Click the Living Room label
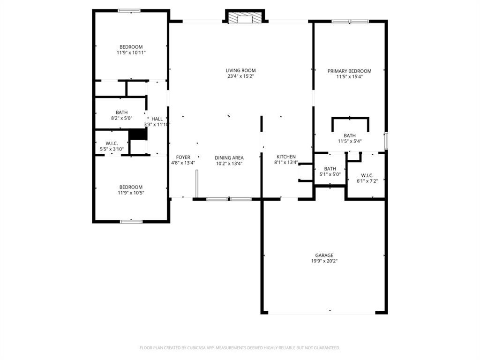tap(240, 70)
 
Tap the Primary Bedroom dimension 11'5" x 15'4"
tap(349, 76)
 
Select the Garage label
tap(324, 255)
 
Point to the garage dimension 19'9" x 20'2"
tap(324, 261)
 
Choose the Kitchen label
tap(286, 157)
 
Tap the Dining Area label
tap(229, 157)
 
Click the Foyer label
tap(183, 157)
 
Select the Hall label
tap(157, 119)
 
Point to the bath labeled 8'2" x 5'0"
tap(121, 112)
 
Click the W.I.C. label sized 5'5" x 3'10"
tap(112, 143)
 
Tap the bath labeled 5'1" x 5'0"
tap(330, 169)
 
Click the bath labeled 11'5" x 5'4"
tap(349, 135)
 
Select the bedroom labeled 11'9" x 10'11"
tap(131, 47)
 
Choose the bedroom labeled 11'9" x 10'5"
tap(131, 187)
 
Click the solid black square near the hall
tap(138, 134)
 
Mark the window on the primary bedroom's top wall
tap(350, 21)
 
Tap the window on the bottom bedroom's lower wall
tap(131, 221)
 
